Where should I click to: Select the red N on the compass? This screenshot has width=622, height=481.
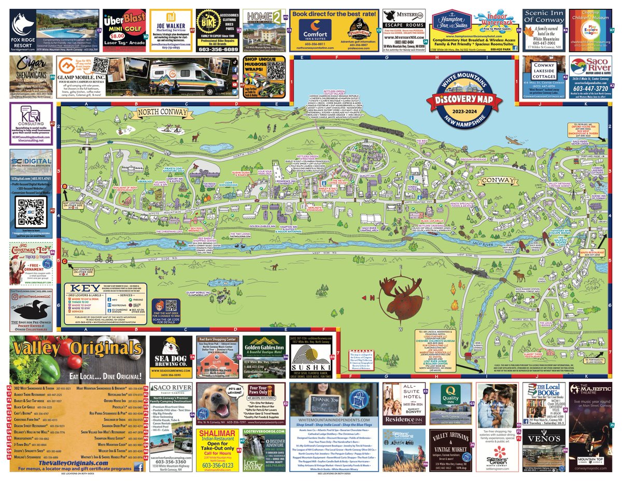click(x=373, y=297)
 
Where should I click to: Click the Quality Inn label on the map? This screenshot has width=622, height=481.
click(x=366, y=176)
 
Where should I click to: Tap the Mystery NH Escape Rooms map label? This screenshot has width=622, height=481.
click(x=561, y=230)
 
